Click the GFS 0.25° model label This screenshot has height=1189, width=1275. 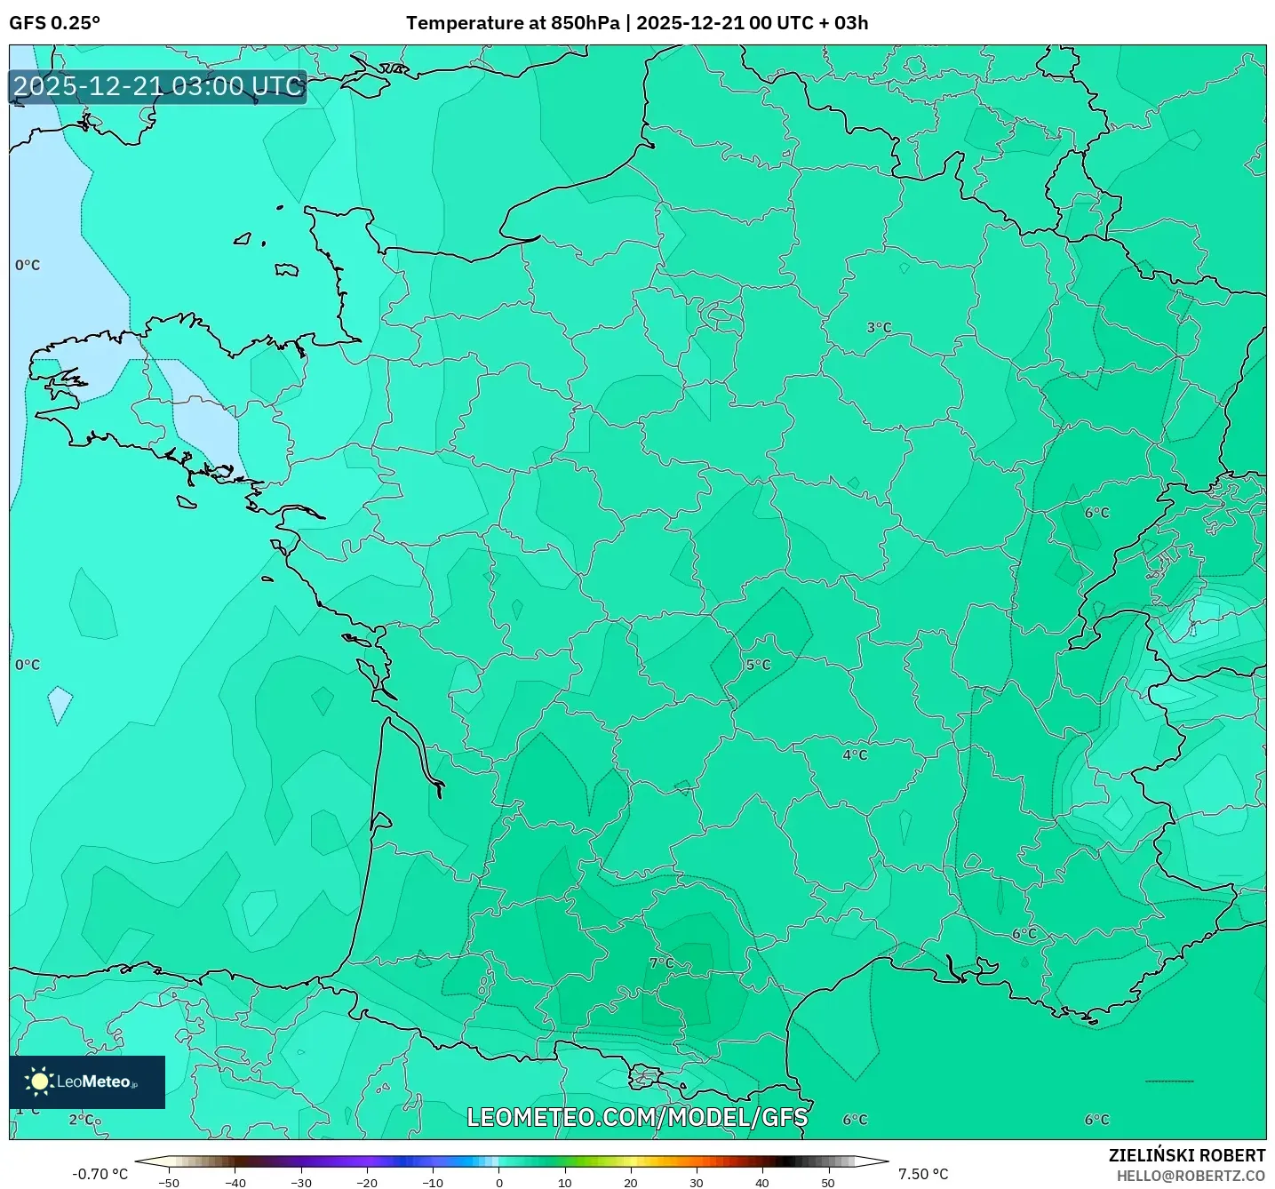[54, 23]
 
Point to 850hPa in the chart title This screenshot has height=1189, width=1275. [585, 23]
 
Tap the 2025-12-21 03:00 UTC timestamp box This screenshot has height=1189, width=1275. [158, 86]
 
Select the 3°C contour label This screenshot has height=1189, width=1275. [879, 328]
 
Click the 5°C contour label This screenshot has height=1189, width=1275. [758, 665]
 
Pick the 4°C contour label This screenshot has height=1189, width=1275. [855, 755]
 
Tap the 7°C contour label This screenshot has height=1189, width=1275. [661, 963]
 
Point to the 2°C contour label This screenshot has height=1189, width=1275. [84, 1120]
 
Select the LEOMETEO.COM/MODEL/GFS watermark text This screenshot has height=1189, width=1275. [637, 1117]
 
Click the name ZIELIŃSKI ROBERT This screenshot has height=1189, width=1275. [1187, 1155]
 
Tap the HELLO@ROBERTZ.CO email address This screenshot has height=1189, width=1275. [1191, 1176]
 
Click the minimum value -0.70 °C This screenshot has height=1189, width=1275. [100, 1174]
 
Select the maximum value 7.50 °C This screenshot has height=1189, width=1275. [923, 1174]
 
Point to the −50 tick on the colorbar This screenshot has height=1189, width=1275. [169, 1183]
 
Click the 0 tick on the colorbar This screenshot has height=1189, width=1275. [499, 1183]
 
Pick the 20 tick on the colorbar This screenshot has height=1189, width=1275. [631, 1183]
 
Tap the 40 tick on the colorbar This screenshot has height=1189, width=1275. [762, 1183]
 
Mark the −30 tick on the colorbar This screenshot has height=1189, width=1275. [301, 1183]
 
